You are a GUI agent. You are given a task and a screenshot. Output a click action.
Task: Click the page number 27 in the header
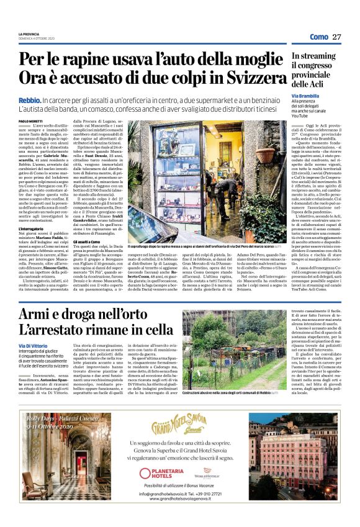[x=337, y=37]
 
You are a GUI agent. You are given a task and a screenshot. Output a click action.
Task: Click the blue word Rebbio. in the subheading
[x=29, y=99]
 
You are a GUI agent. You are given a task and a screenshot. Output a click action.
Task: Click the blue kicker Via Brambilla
[x=305, y=96]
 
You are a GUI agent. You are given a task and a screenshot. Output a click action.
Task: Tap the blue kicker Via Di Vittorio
[x=32, y=345]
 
